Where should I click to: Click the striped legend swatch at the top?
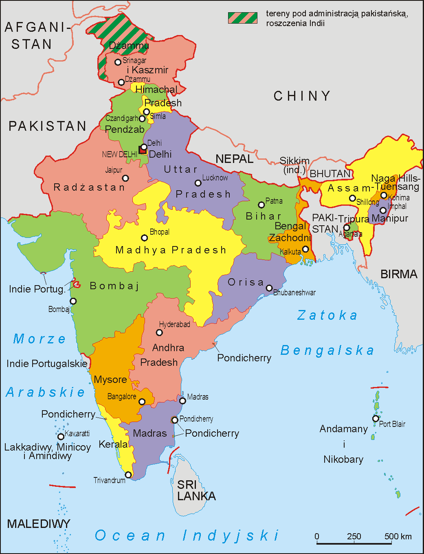pos(242,18)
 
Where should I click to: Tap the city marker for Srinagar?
pos(118,62)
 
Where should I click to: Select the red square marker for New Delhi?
pos(142,150)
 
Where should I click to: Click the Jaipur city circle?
pos(125,178)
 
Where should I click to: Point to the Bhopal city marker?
pos(144,238)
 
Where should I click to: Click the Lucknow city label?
pos(215,178)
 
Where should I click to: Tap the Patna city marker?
pos(261,205)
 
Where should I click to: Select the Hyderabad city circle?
pos(159,332)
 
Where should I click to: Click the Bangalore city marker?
pos(142,402)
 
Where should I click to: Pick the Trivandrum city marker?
pos(128,475)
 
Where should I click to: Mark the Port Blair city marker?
pos(375,418)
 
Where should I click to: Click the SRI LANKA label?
pos(196,490)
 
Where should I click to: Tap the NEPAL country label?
pos(234,159)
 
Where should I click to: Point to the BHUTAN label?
pos(330,174)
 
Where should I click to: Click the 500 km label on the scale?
pos(398,536)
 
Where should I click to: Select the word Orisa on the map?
pos(246,282)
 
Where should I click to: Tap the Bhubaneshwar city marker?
pos(269,288)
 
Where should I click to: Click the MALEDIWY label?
pos(39,524)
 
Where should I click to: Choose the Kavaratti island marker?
pos(61,437)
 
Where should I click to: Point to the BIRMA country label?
pos(399,274)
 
